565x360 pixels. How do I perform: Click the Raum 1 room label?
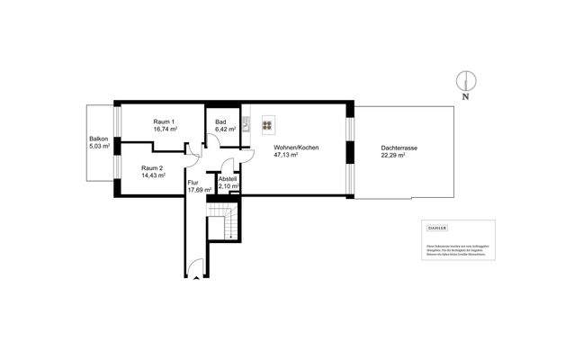164,121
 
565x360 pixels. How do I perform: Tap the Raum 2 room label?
153,168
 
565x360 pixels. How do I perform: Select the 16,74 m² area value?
164,130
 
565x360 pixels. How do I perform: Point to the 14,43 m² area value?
153,176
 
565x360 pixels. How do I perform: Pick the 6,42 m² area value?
224,130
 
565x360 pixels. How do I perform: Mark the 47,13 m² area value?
286,155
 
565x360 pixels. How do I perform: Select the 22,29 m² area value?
393,155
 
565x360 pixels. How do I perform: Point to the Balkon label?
99,138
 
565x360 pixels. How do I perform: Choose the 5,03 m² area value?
99,146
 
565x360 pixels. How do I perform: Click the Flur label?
193,183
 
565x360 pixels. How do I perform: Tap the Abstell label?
229,178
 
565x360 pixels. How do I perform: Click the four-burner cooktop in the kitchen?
267,125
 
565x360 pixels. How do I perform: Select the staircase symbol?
220,225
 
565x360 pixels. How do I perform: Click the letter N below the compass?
465,95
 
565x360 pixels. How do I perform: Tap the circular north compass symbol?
465,79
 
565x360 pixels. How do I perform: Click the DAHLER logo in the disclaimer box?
436,229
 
